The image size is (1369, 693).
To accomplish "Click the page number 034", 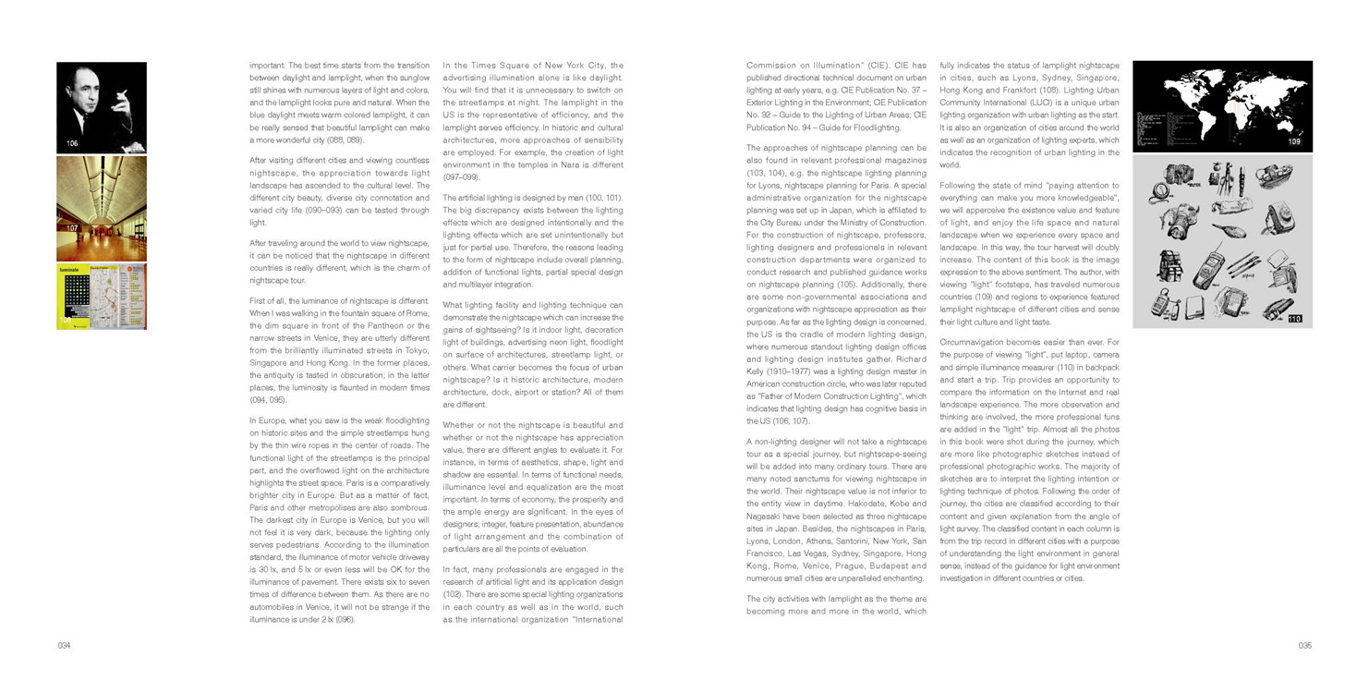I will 64,646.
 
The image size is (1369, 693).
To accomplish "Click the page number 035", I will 1304,646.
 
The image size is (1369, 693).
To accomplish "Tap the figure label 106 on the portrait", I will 73,143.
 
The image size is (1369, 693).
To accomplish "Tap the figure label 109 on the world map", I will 1293,142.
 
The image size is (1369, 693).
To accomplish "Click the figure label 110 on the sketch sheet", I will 1293,319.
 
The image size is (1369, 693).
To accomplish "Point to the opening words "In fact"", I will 457,570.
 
